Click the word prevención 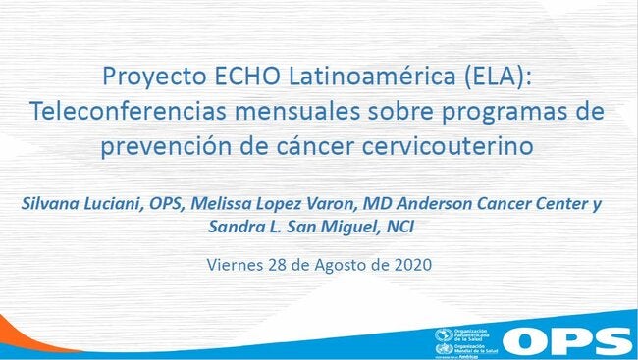(x=157, y=147)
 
